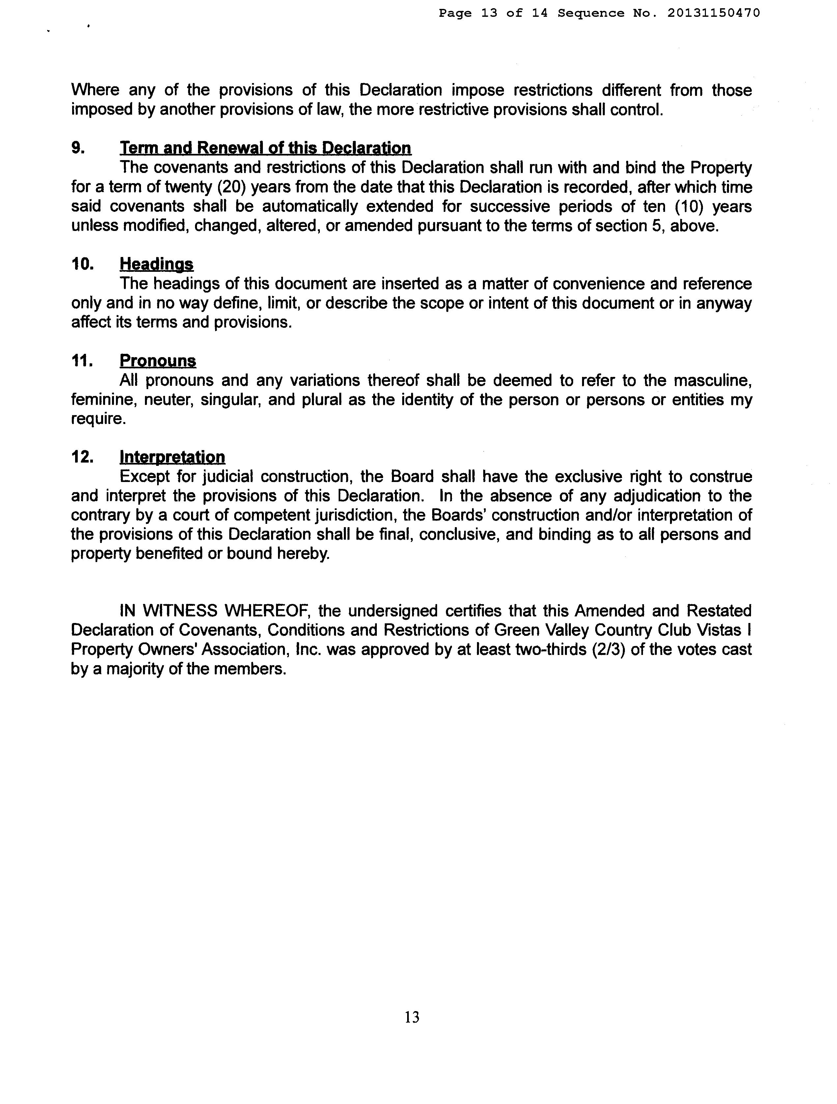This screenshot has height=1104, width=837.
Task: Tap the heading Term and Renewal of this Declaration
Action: tap(265, 148)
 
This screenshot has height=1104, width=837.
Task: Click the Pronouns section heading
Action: tap(158, 360)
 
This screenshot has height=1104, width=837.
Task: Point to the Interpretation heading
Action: tap(172, 457)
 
